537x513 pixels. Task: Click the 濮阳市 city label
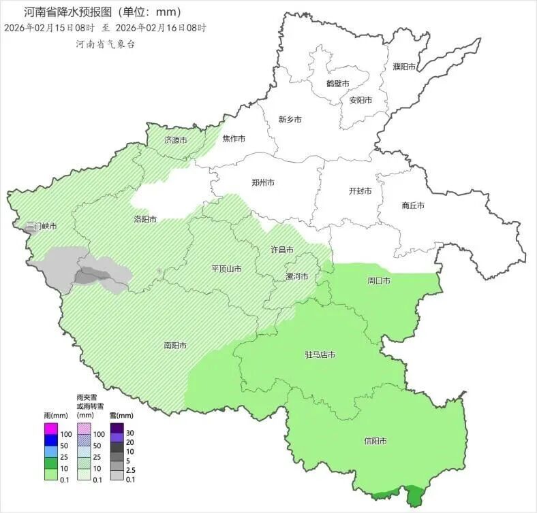click(404, 67)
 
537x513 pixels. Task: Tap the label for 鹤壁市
click(337, 83)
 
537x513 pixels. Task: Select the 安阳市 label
click(360, 100)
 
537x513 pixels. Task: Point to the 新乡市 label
click(290, 120)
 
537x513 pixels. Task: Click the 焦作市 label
click(234, 139)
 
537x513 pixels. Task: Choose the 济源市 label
click(175, 140)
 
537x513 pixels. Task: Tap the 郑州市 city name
click(263, 183)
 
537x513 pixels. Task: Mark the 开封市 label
click(360, 191)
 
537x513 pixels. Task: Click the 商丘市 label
click(413, 205)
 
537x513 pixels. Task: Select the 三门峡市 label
click(41, 226)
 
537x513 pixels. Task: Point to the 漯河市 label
click(296, 276)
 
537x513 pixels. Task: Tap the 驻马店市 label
click(319, 355)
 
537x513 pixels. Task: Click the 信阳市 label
click(375, 442)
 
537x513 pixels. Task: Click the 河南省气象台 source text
click(106, 43)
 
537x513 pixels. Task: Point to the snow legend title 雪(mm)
click(121, 415)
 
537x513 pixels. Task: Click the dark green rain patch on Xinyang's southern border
click(413, 495)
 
